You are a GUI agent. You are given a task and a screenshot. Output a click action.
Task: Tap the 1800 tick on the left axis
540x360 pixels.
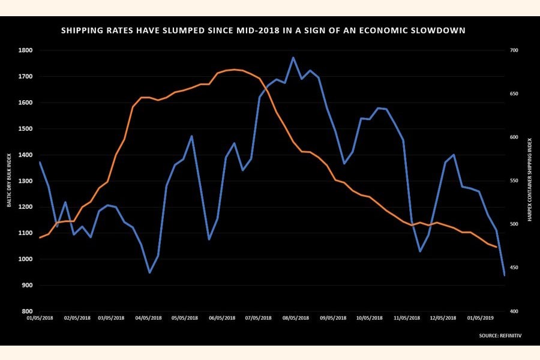[25, 50]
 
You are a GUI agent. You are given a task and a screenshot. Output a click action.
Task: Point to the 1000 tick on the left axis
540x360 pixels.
[25, 259]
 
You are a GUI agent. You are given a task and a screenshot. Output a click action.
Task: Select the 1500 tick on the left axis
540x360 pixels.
[25, 129]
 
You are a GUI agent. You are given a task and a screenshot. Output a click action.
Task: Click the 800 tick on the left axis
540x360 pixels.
[27, 311]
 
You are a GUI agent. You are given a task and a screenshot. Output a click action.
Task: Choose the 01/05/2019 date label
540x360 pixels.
[481, 318]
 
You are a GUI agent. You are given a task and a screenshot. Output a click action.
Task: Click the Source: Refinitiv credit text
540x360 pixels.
[500, 335]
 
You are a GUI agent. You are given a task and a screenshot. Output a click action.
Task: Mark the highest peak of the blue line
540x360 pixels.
[293, 58]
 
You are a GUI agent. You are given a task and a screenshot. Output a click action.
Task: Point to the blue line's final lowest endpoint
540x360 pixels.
[505, 275]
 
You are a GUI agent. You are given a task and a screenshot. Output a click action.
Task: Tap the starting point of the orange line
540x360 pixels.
[40, 238]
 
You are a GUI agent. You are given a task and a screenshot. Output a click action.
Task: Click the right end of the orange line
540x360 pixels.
[496, 247]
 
